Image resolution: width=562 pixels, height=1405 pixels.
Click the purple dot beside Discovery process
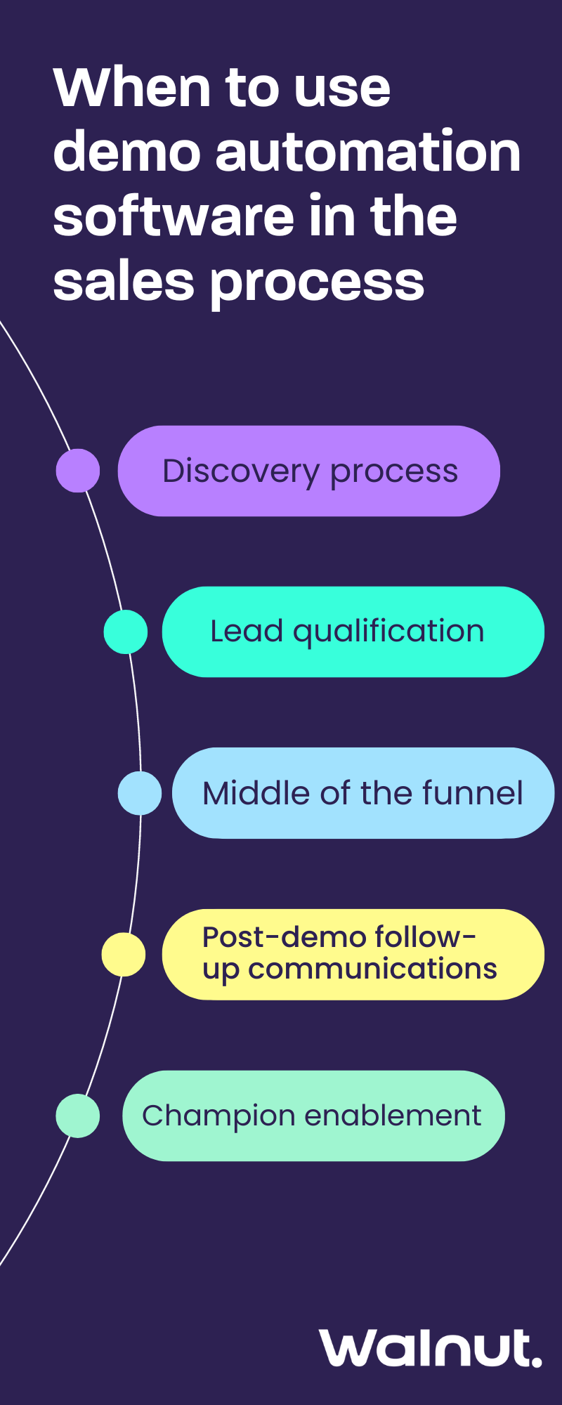point(77,471)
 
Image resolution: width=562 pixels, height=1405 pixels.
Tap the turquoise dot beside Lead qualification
point(125,632)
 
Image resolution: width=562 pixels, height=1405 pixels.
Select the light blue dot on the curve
point(139,793)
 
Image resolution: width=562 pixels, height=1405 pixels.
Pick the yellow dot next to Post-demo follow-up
point(123,955)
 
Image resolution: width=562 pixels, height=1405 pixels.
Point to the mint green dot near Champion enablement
point(77,1116)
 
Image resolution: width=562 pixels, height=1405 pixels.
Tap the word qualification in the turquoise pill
point(388,632)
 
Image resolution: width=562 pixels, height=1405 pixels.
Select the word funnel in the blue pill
point(472,793)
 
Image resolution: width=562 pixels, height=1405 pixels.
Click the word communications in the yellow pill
point(372,969)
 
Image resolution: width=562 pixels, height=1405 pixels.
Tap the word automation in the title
point(368,152)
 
